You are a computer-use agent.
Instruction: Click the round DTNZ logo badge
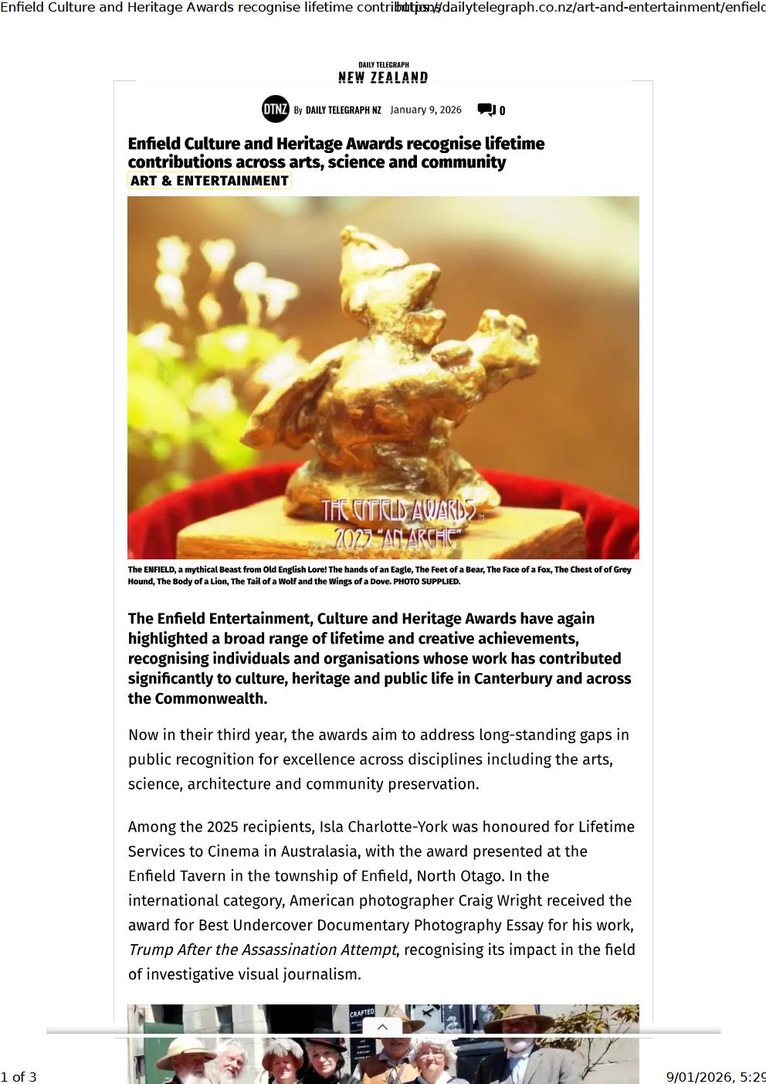click(x=275, y=110)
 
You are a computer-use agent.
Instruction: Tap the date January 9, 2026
click(x=425, y=110)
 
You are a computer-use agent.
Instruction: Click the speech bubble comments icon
click(x=486, y=110)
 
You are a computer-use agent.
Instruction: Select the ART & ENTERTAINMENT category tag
click(x=209, y=181)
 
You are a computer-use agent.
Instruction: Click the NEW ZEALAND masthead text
click(x=383, y=77)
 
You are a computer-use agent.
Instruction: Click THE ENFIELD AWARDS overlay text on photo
click(x=398, y=511)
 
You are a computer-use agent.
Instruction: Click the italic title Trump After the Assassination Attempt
click(x=262, y=950)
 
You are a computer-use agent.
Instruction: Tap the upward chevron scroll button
click(x=381, y=1027)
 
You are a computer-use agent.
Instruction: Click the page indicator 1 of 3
click(x=19, y=1077)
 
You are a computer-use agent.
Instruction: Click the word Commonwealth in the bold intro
click(x=210, y=698)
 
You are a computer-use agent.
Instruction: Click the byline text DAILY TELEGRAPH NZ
click(x=343, y=110)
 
